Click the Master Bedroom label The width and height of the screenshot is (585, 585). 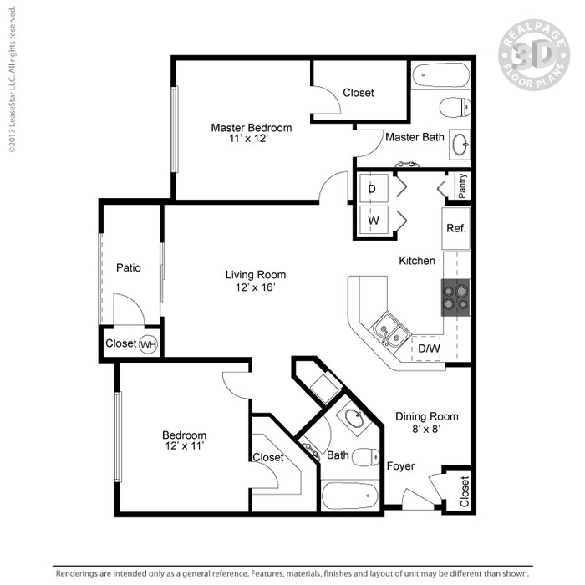(251, 128)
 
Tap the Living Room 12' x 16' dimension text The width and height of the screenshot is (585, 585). (255, 287)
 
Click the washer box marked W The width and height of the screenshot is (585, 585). (374, 221)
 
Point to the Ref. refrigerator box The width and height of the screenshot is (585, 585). (455, 228)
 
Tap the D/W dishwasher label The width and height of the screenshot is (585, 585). (429, 348)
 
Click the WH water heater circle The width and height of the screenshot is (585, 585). (148, 343)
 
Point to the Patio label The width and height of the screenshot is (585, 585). (128, 268)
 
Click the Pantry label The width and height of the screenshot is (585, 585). (462, 185)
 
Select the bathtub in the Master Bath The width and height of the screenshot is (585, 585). (440, 78)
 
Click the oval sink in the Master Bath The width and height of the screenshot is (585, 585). (460, 145)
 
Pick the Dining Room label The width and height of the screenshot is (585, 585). (427, 416)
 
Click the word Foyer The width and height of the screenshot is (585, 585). (401, 466)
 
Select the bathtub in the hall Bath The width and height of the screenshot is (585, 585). (350, 496)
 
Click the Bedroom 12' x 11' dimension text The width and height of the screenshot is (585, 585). (184, 446)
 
